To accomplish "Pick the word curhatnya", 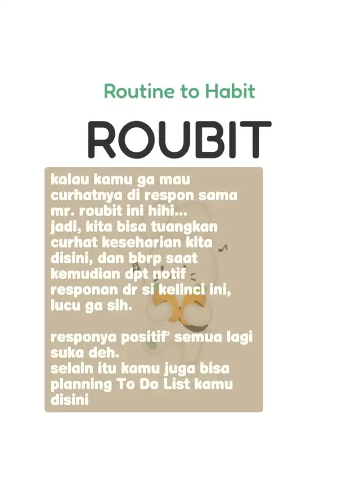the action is point(87,196).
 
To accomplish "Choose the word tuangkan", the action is point(184,227).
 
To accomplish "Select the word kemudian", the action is point(85,273).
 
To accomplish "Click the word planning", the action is point(82,385).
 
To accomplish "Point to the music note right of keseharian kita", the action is point(223,248).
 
